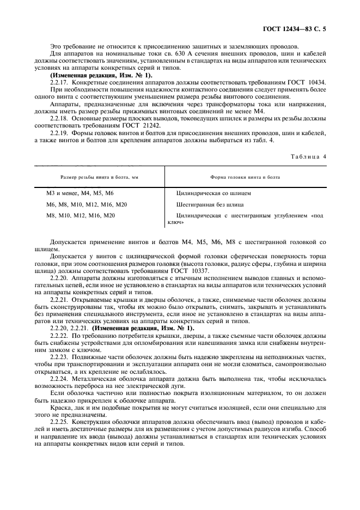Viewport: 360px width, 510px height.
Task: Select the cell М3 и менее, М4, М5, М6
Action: click(80, 193)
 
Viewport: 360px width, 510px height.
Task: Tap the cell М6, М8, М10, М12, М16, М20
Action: click(87, 205)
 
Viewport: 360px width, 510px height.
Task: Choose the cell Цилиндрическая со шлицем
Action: click(213, 193)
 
